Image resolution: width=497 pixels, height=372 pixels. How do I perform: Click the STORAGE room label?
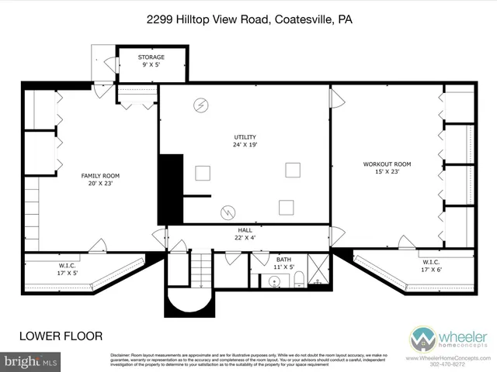click(x=152, y=60)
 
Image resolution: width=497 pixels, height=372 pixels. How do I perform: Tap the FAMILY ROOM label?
click(x=100, y=181)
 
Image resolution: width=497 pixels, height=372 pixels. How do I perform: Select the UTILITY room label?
click(x=245, y=141)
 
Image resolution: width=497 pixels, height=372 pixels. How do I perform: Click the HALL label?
click(x=245, y=234)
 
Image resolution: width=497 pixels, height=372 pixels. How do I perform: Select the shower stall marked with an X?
click(x=318, y=271)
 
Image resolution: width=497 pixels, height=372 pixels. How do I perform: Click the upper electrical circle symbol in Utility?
click(x=202, y=105)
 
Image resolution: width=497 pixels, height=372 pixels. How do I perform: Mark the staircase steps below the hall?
click(x=200, y=271)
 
